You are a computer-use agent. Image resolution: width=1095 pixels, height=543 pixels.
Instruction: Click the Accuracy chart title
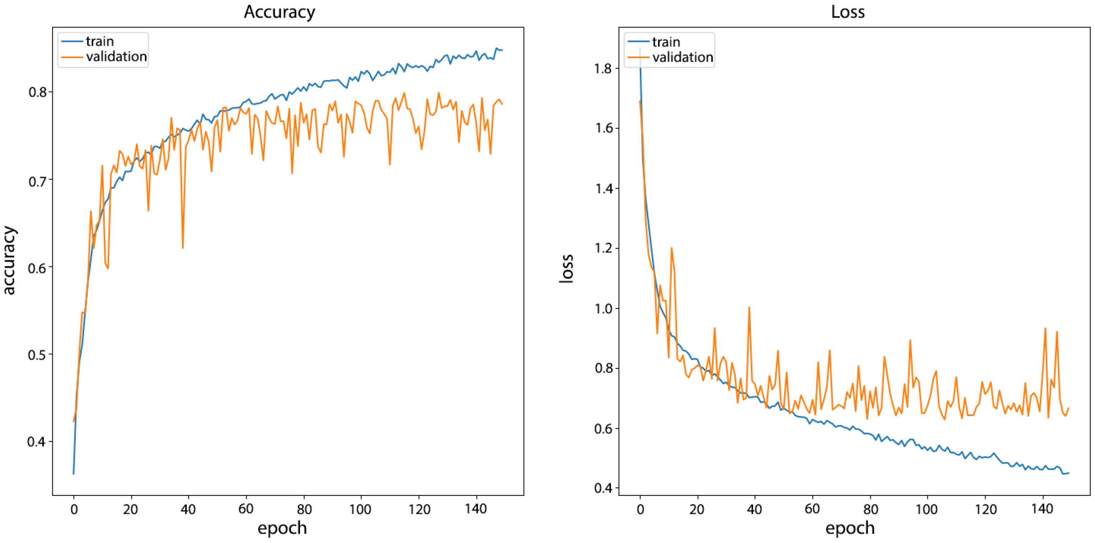point(279,12)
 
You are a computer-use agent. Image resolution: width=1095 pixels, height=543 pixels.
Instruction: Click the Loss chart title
point(848,12)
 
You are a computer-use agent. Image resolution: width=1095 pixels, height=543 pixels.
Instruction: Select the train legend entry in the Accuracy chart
point(99,41)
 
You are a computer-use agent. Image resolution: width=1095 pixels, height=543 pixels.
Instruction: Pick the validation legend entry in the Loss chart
point(682,57)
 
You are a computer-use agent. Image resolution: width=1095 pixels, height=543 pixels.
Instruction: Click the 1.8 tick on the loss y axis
point(604,68)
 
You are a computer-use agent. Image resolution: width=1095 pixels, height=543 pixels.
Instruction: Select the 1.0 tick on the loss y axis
point(604,308)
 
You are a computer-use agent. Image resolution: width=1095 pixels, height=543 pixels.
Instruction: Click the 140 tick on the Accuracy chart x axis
point(476,508)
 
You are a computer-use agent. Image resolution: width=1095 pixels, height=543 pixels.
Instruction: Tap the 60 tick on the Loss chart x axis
point(812,508)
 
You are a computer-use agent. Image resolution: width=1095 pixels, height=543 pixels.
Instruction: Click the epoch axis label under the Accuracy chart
point(282,528)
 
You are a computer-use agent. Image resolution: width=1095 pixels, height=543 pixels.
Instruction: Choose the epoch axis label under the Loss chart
point(850,528)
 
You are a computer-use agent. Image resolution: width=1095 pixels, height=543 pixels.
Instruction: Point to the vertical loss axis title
point(566,269)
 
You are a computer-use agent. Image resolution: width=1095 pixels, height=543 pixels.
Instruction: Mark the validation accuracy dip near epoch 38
point(183,248)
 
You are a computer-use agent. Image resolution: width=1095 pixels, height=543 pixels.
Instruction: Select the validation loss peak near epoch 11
point(672,248)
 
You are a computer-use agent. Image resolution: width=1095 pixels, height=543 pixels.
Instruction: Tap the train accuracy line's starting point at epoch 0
point(74,473)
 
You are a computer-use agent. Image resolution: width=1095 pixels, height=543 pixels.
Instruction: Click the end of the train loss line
point(1068,473)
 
